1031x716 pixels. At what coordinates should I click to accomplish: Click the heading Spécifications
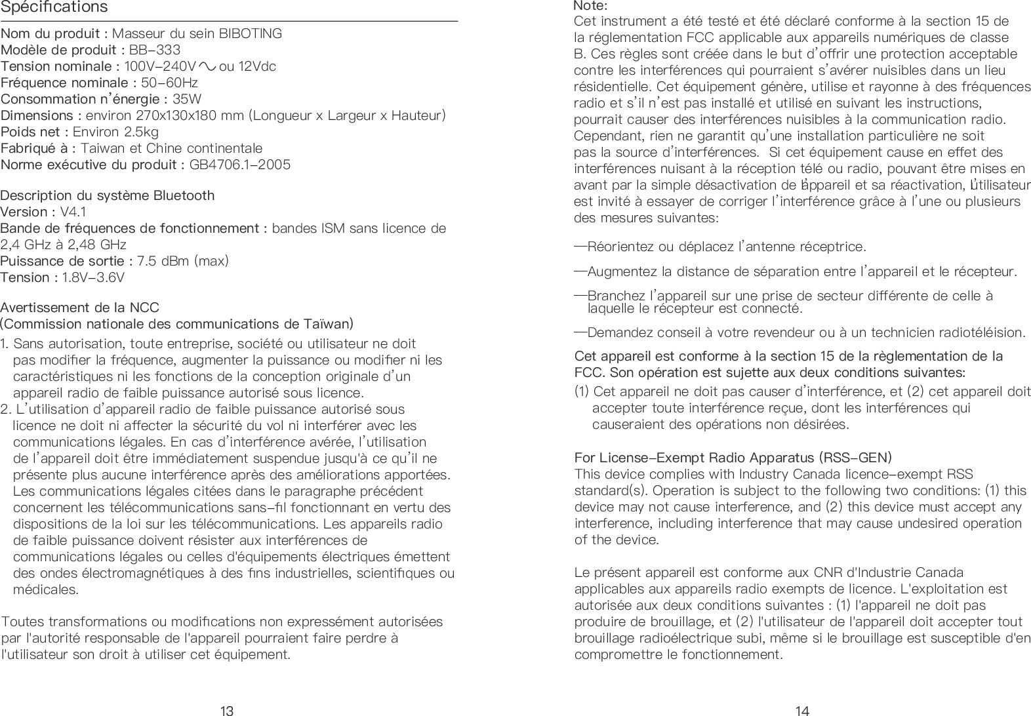[x=54, y=8]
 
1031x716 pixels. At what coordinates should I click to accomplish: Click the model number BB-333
[x=155, y=50]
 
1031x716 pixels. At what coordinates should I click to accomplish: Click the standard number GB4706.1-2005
[x=239, y=165]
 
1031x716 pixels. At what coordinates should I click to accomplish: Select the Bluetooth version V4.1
[x=73, y=212]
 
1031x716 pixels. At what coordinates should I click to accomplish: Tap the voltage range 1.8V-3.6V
[x=93, y=277]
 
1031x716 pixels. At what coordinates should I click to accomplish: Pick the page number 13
[x=227, y=710]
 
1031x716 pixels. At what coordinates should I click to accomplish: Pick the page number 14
[x=802, y=710]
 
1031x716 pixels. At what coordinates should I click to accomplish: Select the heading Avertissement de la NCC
[x=80, y=308]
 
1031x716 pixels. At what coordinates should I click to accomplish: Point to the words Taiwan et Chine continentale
[x=171, y=148]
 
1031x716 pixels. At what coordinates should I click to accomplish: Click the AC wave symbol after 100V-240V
[x=209, y=66]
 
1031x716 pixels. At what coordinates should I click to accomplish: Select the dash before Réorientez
[x=580, y=247]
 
